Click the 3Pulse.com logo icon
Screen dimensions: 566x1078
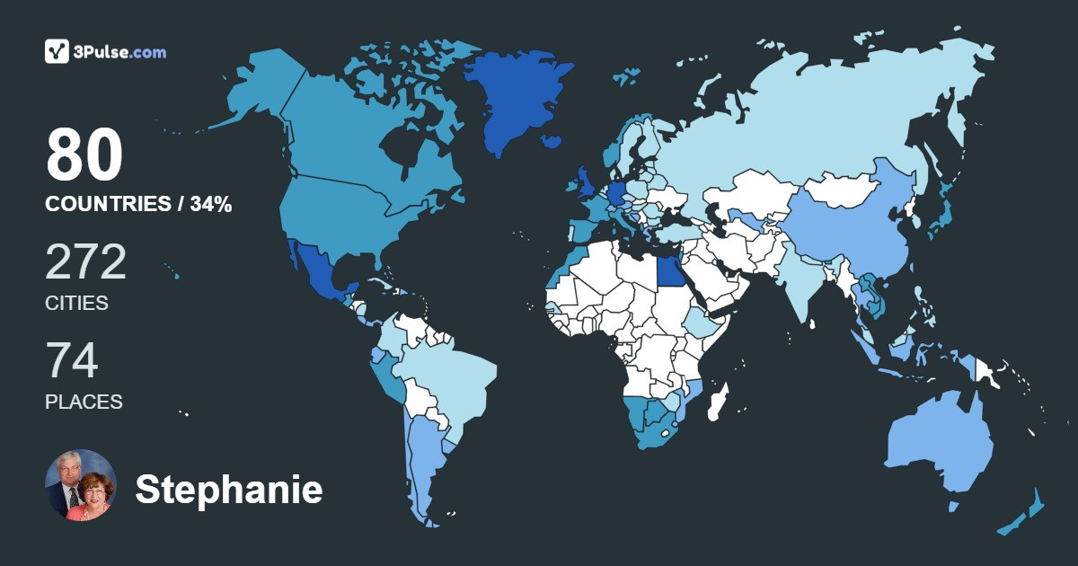click(57, 51)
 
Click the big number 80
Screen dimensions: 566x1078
click(84, 155)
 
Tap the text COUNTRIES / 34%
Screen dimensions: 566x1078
click(138, 205)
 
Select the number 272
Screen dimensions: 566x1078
click(86, 262)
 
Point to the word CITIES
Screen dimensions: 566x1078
click(76, 304)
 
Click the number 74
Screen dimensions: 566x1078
click(72, 361)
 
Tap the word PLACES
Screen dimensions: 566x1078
click(84, 402)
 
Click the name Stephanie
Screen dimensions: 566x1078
click(228, 491)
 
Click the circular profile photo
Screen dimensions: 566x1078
click(81, 485)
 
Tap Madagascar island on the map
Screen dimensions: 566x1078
click(719, 402)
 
